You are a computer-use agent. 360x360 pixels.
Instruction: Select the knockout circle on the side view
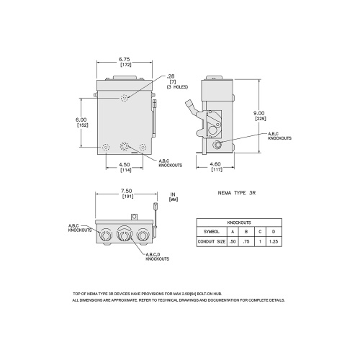click(x=216, y=145)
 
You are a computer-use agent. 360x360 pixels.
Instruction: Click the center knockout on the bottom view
click(x=123, y=235)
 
